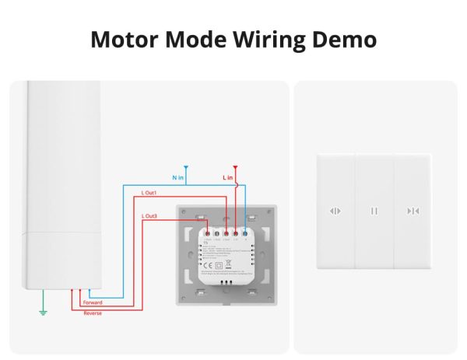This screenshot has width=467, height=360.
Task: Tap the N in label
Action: (178, 179)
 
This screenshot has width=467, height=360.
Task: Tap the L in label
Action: (228, 179)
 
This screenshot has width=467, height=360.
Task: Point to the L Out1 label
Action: (149, 192)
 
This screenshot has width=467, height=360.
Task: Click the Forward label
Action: (92, 302)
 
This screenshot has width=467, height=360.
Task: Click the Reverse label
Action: (92, 313)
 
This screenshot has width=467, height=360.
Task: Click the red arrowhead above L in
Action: (236, 166)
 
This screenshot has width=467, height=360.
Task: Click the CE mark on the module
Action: (205, 266)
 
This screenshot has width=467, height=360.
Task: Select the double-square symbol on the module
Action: (219, 266)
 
